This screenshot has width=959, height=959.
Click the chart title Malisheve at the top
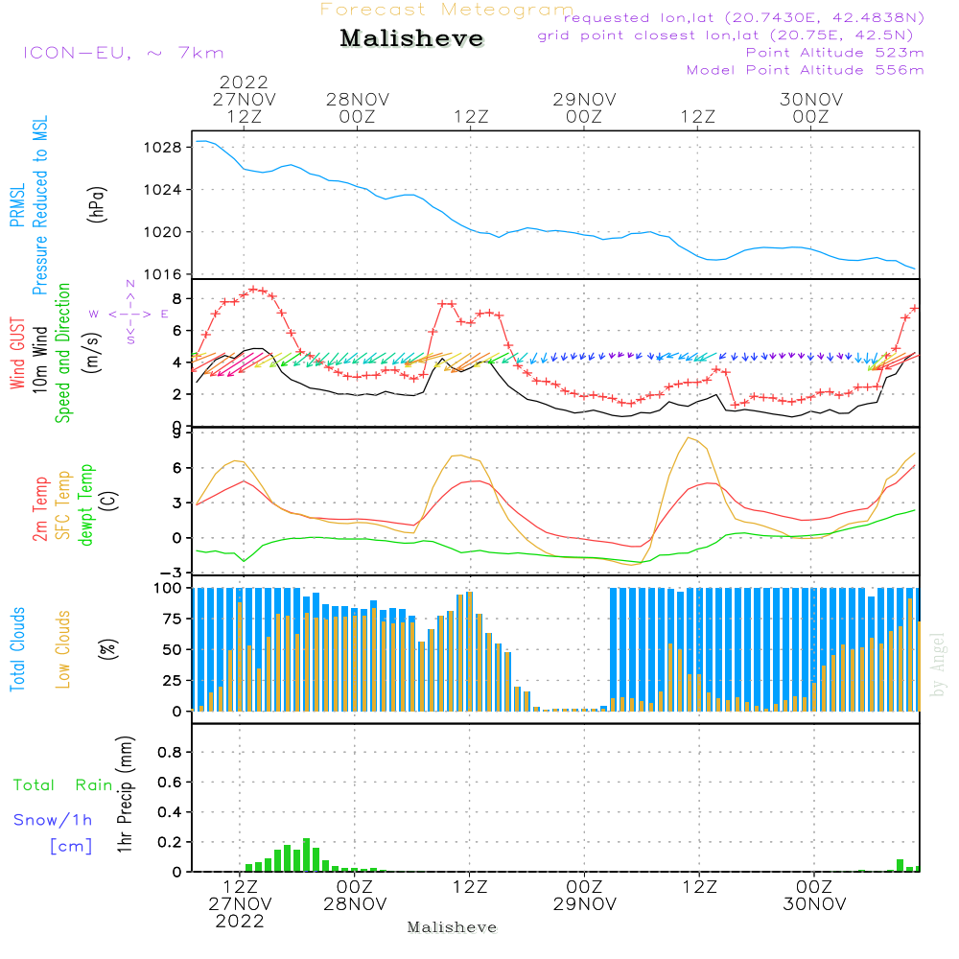tap(411, 38)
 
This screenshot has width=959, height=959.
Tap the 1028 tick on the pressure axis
tap(163, 148)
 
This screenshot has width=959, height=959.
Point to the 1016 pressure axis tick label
tap(163, 274)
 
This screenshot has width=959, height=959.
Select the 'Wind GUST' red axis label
tap(17, 353)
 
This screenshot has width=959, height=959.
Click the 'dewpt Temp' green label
tap(85, 504)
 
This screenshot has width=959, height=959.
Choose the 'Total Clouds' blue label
tap(17, 649)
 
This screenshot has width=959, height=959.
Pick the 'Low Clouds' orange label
tap(63, 649)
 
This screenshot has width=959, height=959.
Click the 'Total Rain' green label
tap(63, 784)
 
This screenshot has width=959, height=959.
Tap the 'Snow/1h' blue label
tap(53, 820)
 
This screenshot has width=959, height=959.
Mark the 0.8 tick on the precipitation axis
tap(170, 752)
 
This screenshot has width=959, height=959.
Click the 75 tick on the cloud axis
tap(172, 619)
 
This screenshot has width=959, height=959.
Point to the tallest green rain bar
tap(307, 854)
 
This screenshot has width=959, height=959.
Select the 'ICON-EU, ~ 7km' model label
tap(124, 53)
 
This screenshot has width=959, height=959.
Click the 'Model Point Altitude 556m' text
tap(805, 70)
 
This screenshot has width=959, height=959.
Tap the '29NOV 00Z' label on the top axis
tap(584, 107)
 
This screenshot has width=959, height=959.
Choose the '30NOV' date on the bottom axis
tap(814, 904)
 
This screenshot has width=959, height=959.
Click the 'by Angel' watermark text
tap(938, 665)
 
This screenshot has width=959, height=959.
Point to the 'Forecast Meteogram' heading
tap(447, 10)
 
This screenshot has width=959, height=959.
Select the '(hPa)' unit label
tap(97, 204)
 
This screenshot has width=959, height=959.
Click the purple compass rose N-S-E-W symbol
tap(129, 314)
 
